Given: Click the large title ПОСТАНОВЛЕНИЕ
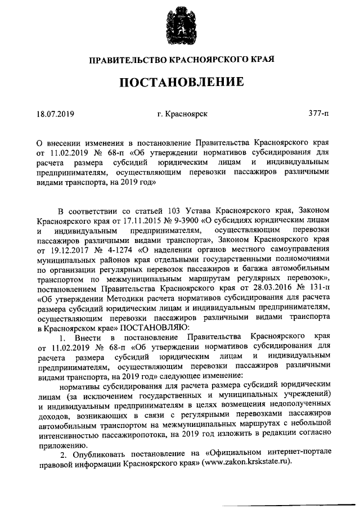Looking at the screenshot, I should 180,82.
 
